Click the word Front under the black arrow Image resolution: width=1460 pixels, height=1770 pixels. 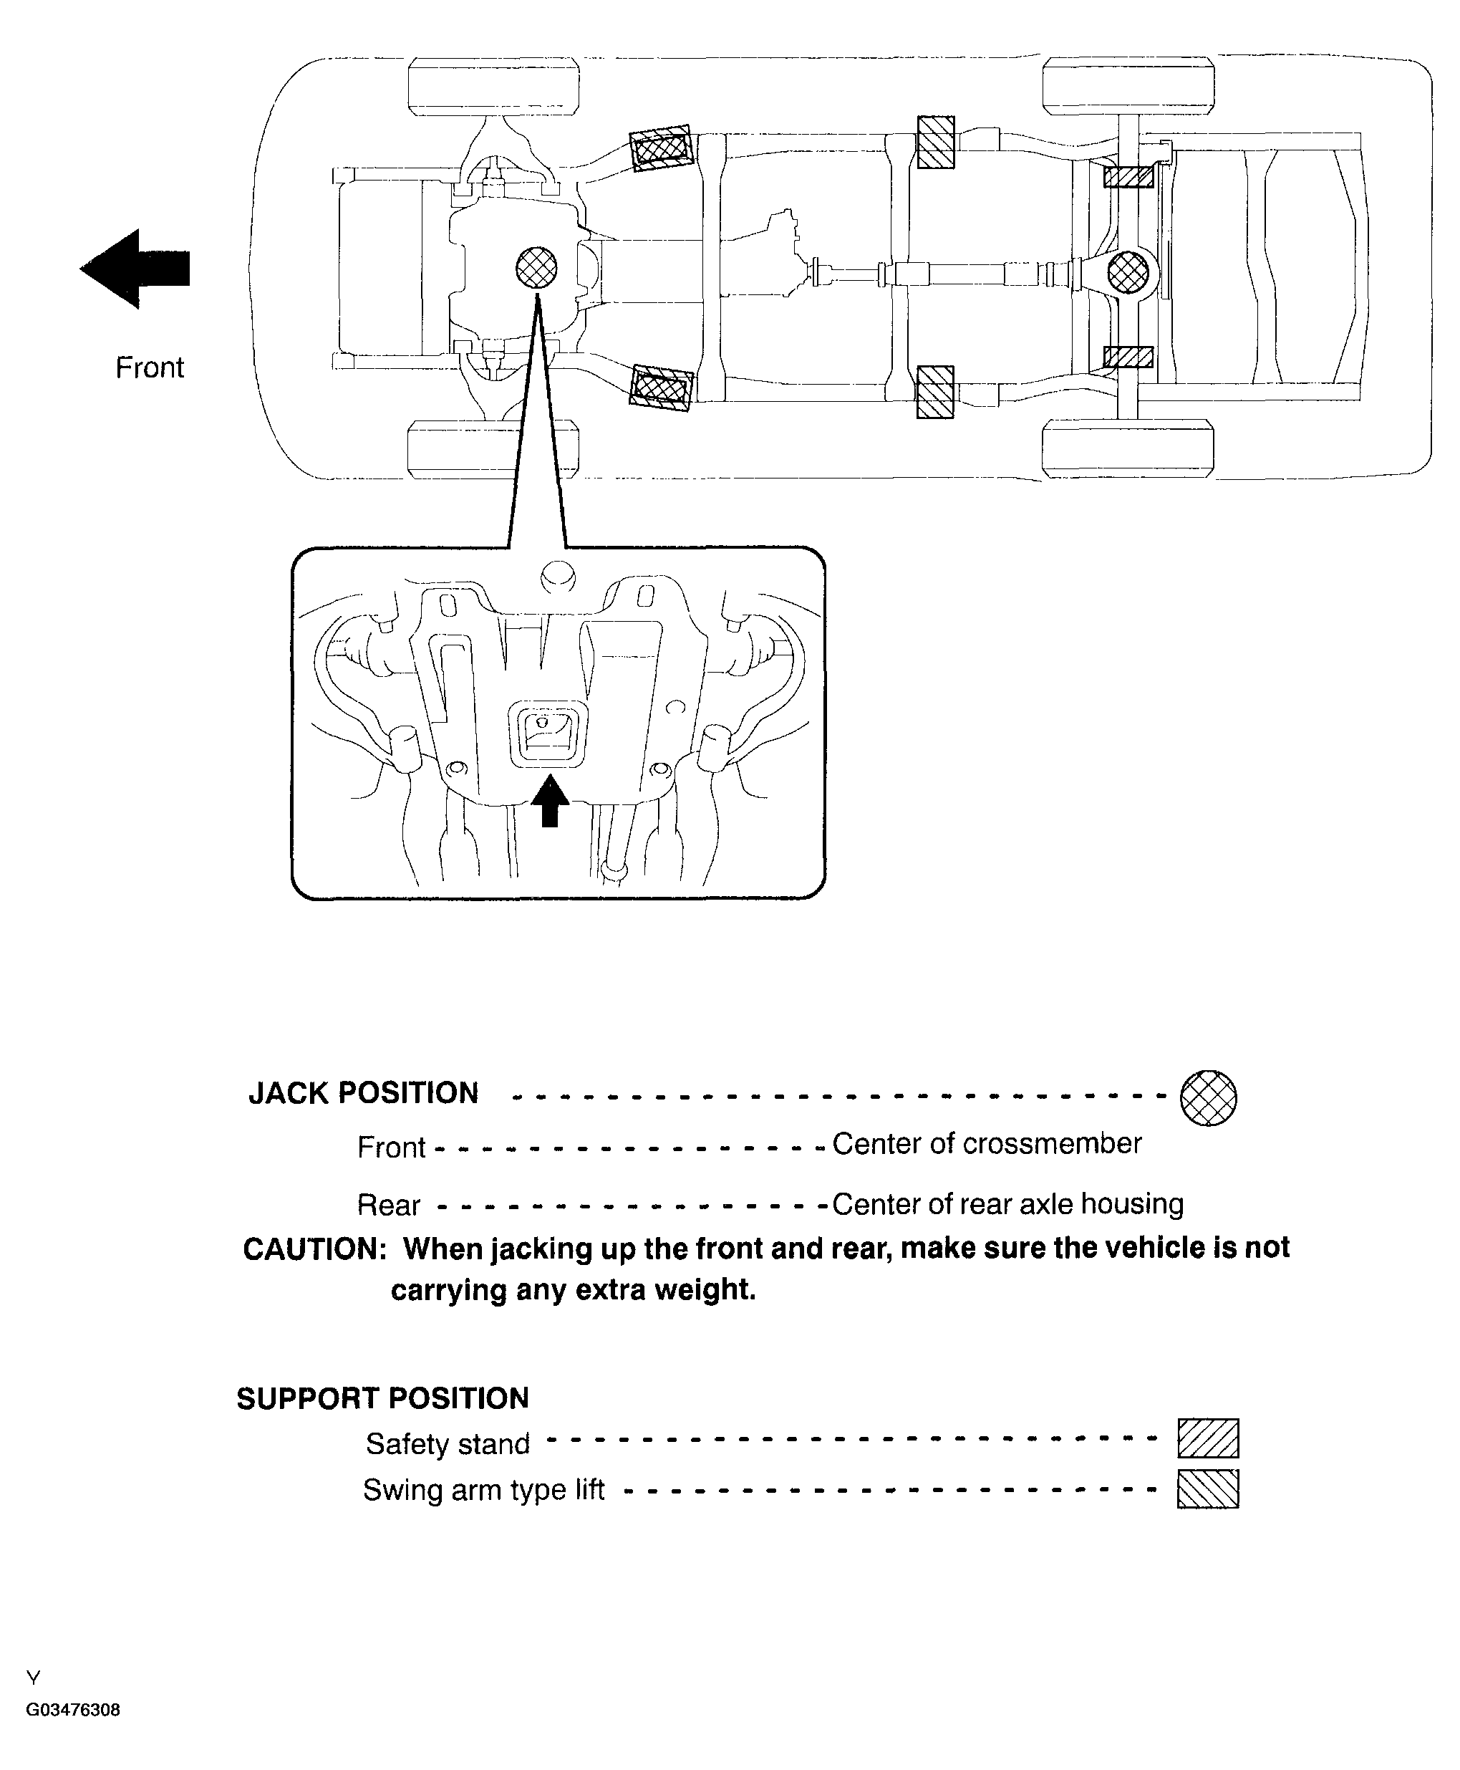coord(150,367)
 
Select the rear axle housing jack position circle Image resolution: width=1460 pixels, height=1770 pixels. coord(1128,273)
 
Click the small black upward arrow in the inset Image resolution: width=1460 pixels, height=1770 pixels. coord(549,800)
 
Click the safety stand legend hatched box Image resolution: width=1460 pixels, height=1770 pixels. coord(1208,1438)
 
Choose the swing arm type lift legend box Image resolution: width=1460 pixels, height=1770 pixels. coord(1208,1489)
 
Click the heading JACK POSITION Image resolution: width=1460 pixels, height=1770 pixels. coord(363,1093)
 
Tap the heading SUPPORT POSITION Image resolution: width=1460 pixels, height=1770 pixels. coord(382,1398)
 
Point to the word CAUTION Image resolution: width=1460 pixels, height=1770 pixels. coord(314,1249)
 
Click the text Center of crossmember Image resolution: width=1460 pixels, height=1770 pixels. coord(987,1143)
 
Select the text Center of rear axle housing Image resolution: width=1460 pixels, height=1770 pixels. coord(1007,1204)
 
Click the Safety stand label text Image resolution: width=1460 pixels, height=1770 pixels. coord(448,1443)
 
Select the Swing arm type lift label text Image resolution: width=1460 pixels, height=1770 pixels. coord(483,1490)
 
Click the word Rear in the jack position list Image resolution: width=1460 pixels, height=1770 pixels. coord(389,1206)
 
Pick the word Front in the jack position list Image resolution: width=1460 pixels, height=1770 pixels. coord(391,1148)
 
